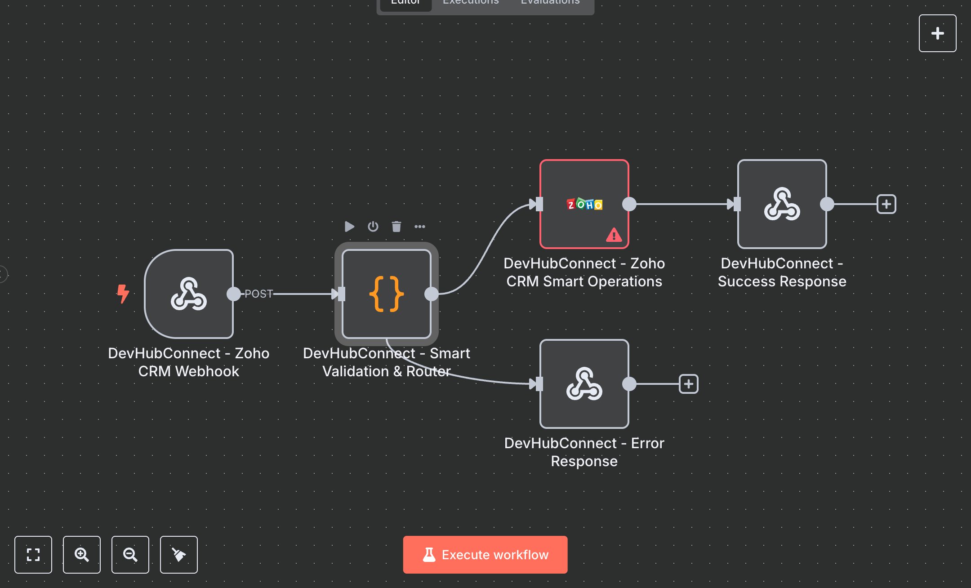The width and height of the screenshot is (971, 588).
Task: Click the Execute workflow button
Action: (485, 554)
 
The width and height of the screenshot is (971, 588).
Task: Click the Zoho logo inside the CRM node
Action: (584, 205)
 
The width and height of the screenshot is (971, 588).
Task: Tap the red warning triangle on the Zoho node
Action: (614, 235)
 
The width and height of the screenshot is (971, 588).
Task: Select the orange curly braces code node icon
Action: (386, 294)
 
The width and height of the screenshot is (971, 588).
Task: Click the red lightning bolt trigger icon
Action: (123, 294)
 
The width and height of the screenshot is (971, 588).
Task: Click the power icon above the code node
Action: (373, 226)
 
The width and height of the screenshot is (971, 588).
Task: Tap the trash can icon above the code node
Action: (396, 226)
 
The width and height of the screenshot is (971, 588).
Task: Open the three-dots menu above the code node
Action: (419, 226)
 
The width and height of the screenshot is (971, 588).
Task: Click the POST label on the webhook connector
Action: (258, 294)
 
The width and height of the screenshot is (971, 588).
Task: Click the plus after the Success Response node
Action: (886, 204)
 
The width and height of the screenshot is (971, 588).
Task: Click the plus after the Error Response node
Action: (688, 384)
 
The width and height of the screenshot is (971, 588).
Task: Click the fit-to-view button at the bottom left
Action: (33, 554)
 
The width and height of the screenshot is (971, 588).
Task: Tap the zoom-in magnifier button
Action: (81, 554)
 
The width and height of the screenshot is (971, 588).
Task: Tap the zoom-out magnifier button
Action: (130, 554)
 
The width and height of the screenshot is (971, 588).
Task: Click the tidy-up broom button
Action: (178, 554)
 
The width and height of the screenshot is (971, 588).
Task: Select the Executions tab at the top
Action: (471, 3)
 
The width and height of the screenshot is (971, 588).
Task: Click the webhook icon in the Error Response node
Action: (584, 384)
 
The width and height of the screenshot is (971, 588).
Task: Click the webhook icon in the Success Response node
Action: (782, 204)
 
